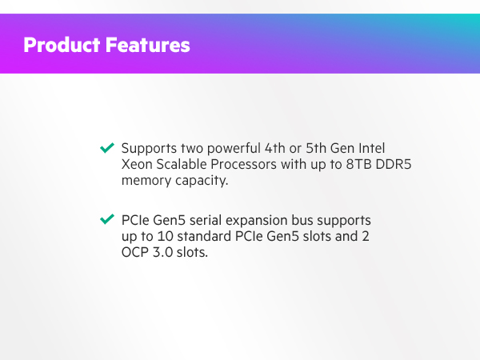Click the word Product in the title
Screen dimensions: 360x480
click(x=62, y=44)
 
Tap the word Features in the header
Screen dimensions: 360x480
click(x=148, y=44)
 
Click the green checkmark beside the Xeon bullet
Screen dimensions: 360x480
click(x=106, y=149)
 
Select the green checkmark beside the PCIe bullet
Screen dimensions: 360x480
click(x=106, y=219)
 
